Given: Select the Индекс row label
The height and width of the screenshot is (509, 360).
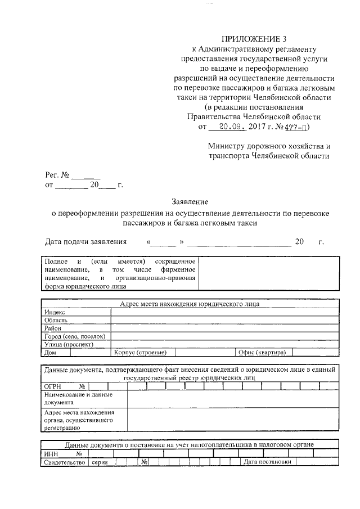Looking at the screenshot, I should [x=55, y=312].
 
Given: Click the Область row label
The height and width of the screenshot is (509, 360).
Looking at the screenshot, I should [x=56, y=320].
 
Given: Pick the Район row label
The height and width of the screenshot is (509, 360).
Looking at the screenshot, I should [x=53, y=328].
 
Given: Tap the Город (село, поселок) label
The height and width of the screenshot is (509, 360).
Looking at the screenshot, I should [x=74, y=336].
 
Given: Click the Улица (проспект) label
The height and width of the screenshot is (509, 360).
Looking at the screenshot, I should [x=69, y=344].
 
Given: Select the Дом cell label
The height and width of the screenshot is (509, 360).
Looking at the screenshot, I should [x=49, y=353].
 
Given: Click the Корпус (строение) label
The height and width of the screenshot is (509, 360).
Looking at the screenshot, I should [x=140, y=353].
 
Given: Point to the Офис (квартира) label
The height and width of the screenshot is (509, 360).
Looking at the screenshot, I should [x=262, y=353].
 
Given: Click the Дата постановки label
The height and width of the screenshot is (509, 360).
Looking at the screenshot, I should [x=267, y=462].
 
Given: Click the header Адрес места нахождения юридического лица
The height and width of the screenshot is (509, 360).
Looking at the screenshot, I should [x=190, y=304].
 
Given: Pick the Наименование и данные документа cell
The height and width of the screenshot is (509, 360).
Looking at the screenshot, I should [x=78, y=399].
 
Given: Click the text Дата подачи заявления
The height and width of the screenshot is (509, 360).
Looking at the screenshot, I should [x=86, y=242].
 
